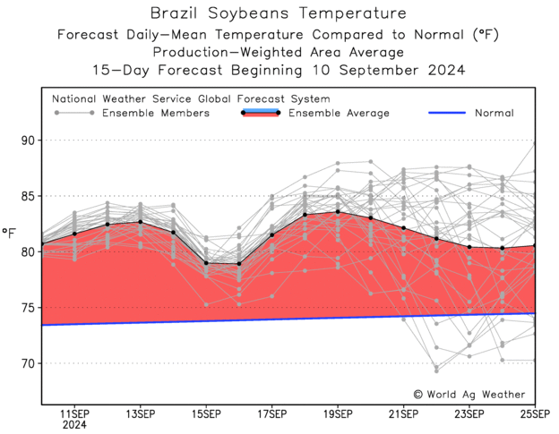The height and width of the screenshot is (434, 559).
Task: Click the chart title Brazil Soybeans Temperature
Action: (x=278, y=13)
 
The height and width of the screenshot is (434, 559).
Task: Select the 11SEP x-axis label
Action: (x=73, y=415)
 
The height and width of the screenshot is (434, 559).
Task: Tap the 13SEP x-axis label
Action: (x=140, y=415)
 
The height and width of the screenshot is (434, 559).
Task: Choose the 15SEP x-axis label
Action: (x=206, y=415)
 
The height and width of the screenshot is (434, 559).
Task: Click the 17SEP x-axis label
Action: (x=271, y=415)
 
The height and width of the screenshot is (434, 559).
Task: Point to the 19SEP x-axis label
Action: (x=337, y=415)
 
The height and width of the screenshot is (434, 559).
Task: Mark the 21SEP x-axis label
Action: (x=403, y=415)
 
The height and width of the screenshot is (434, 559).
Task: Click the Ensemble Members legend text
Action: (x=156, y=114)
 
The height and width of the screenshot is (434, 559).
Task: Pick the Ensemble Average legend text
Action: (x=340, y=114)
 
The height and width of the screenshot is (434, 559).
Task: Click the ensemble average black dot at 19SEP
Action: (x=338, y=212)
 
